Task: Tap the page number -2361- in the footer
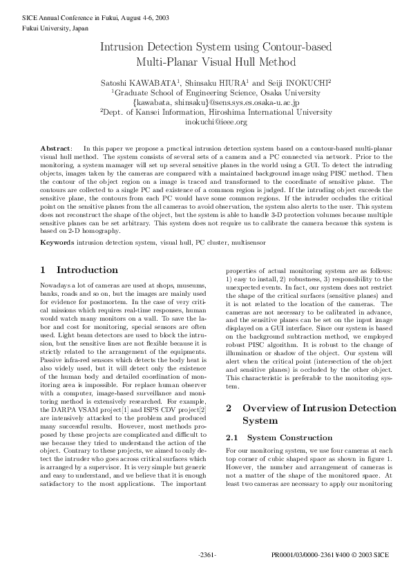pos(206,555)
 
